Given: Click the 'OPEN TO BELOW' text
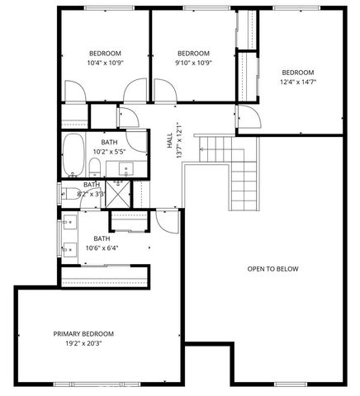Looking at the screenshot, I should [272, 269].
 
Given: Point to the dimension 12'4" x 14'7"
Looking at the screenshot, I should [298, 82].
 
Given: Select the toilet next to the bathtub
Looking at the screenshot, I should [96, 169].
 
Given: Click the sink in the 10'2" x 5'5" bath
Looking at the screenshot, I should [126, 169].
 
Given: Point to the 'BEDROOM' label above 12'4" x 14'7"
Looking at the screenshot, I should [298, 72].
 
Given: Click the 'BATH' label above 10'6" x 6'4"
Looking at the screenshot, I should [102, 238].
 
